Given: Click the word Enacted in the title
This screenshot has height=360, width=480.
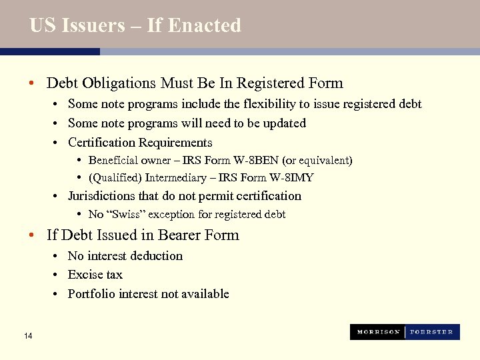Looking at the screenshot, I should point(204,25).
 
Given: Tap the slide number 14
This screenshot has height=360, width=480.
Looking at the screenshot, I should point(27,335).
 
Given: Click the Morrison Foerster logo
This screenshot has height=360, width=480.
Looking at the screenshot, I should point(405,332).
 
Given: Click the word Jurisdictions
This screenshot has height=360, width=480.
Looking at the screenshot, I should point(101,196).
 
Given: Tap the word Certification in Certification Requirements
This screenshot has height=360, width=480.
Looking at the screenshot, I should point(102,143).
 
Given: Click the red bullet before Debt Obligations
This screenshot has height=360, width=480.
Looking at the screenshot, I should point(31,84).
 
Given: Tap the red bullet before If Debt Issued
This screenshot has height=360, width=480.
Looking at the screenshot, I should point(31,236).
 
